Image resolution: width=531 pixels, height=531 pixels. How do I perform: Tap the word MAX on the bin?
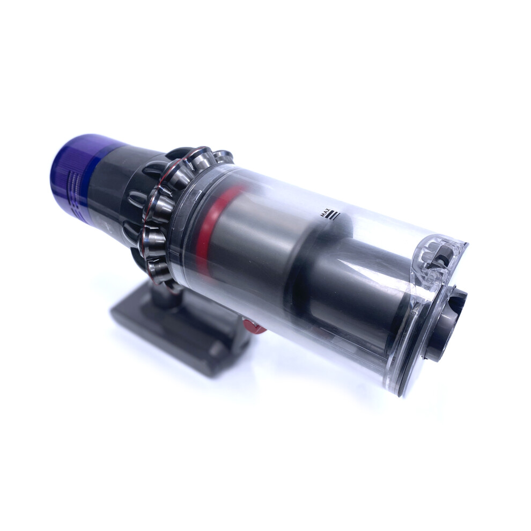coord(324,213)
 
